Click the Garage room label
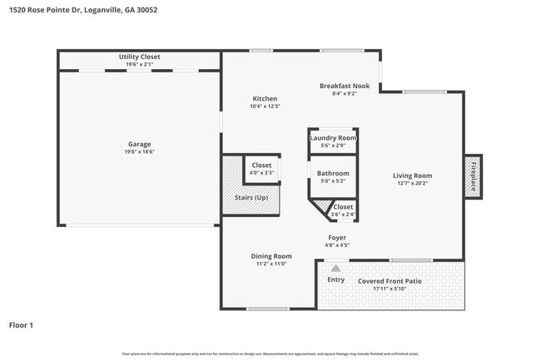tap(139, 144)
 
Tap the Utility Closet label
tap(139, 57)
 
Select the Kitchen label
tap(265, 99)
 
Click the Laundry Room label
tap(333, 137)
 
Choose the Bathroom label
tap(333, 173)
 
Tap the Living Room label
tap(412, 176)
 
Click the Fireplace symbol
tap(473, 177)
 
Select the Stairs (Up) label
tap(251, 198)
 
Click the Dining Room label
tap(271, 256)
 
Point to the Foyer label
tap(336, 237)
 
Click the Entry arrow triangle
tap(335, 268)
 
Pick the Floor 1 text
tap(21, 324)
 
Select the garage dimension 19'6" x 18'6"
tap(139, 152)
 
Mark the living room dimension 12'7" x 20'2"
tap(412, 184)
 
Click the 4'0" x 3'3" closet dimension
tap(261, 173)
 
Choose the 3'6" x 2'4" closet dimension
tap(343, 215)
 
